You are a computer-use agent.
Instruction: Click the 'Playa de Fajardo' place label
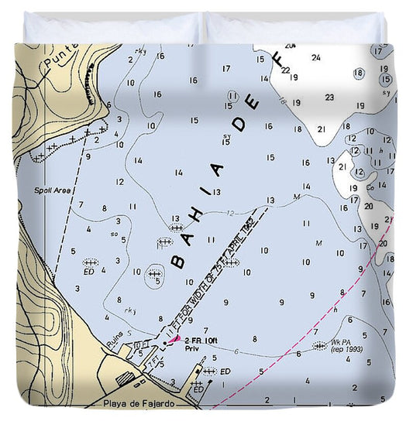(138, 403)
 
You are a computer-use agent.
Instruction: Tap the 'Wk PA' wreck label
(341, 341)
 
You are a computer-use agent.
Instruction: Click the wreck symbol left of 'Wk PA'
(318, 346)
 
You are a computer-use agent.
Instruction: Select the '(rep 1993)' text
(347, 350)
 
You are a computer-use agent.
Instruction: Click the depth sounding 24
(315, 57)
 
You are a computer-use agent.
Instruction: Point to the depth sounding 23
(329, 98)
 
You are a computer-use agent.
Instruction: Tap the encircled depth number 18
(358, 74)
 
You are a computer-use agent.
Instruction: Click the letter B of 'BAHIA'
(178, 261)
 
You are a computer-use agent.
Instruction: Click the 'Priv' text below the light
(192, 350)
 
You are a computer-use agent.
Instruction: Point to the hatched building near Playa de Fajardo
(124, 379)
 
